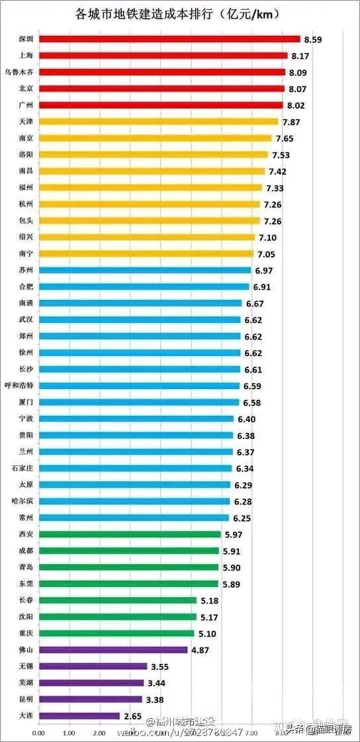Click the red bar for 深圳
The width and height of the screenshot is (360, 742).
[x=169, y=39]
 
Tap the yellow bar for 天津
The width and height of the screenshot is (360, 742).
[x=158, y=122]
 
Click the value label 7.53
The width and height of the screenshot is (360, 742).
[x=281, y=155]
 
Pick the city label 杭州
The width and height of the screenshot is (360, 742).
[x=26, y=204]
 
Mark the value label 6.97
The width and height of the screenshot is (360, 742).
[x=263, y=271]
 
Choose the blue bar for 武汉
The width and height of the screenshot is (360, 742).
[x=139, y=320]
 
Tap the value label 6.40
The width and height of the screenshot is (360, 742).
[x=246, y=419]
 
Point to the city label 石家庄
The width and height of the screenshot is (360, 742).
[x=22, y=468]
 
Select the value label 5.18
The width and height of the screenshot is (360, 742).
[x=209, y=600]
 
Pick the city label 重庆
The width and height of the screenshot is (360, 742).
[x=26, y=633]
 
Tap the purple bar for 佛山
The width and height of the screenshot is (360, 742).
[x=112, y=650]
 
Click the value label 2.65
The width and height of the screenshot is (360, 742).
[x=132, y=716]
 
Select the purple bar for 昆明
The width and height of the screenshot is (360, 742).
[x=90, y=699]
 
